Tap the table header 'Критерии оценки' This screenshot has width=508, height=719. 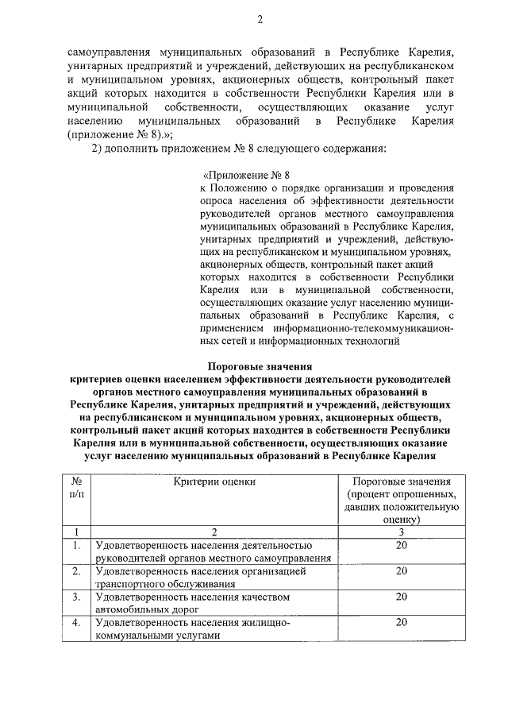(x=214, y=481)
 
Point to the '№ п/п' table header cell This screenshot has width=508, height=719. (x=77, y=488)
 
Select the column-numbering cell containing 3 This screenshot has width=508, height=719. (x=401, y=532)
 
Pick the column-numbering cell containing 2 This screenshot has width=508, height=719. (x=214, y=532)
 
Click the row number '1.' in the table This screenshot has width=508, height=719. (x=77, y=545)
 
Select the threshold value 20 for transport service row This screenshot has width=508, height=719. (x=401, y=570)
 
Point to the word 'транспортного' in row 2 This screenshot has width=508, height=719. (x=130, y=583)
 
